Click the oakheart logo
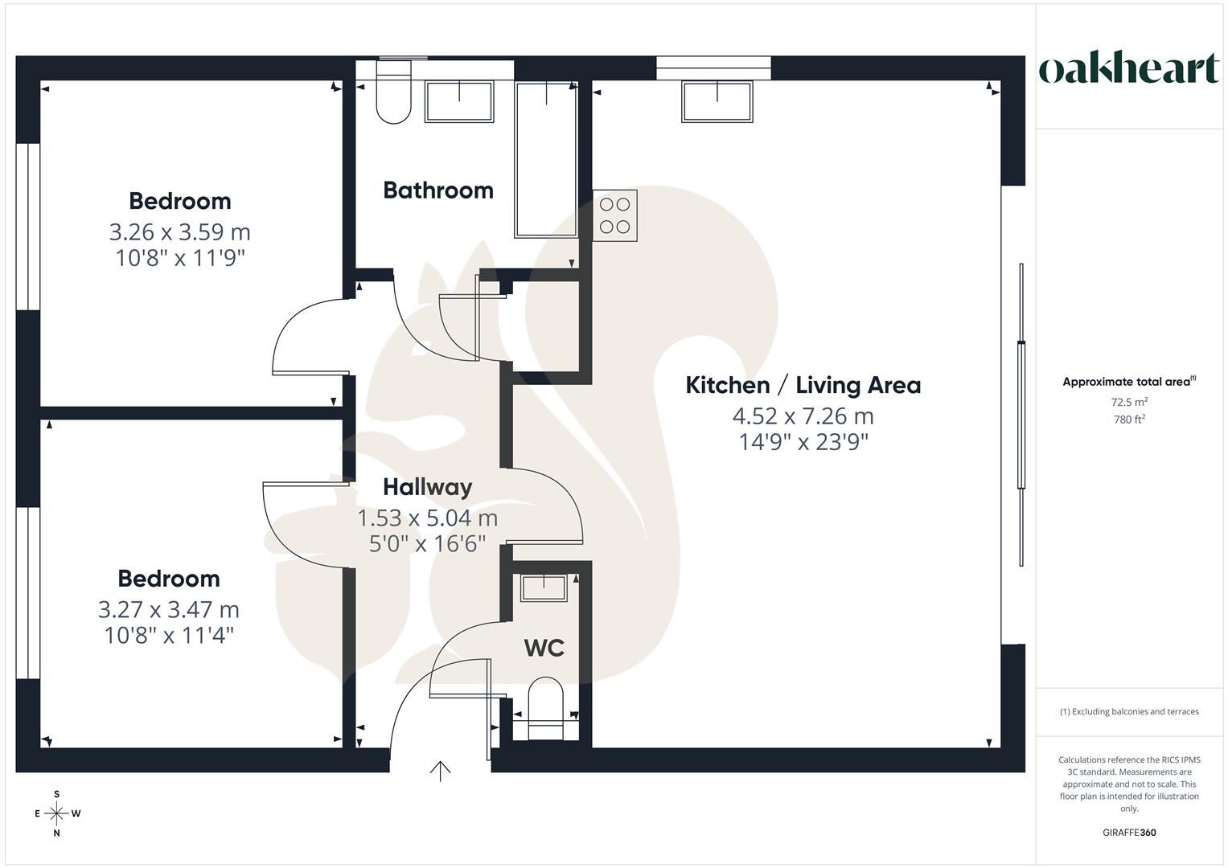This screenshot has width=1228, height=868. (1128, 69)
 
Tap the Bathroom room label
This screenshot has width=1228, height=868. (438, 190)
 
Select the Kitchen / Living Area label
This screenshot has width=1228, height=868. (803, 385)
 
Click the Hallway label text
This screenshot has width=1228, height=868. (427, 487)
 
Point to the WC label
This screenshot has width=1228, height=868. (544, 648)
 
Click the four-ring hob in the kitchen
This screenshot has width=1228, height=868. (615, 215)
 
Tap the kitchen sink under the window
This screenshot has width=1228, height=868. (717, 101)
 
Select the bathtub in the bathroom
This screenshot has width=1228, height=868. (546, 159)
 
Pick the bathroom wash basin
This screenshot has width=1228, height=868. (459, 102)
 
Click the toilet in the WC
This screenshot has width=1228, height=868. (546, 707)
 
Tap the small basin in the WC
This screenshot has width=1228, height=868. (544, 588)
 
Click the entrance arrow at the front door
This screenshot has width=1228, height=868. (440, 771)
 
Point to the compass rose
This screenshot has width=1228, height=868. (57, 813)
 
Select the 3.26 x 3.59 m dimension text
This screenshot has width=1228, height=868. (180, 232)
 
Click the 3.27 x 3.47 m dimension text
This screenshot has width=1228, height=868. (169, 610)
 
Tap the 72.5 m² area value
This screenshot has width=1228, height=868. (1129, 402)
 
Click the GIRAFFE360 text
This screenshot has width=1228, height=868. (1129, 833)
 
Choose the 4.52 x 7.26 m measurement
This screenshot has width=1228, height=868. (803, 416)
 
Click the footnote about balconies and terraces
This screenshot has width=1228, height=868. (1129, 711)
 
